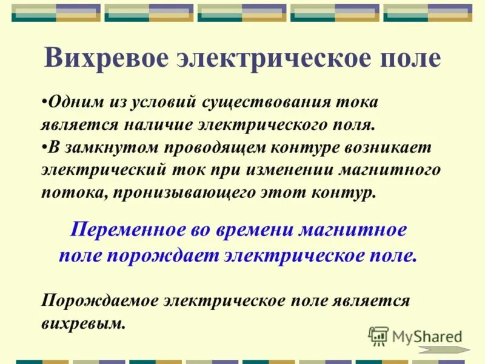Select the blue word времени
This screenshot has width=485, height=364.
coord(252,231)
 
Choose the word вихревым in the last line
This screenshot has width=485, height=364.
coord(83,323)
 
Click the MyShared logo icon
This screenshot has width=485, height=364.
coord(378,335)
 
